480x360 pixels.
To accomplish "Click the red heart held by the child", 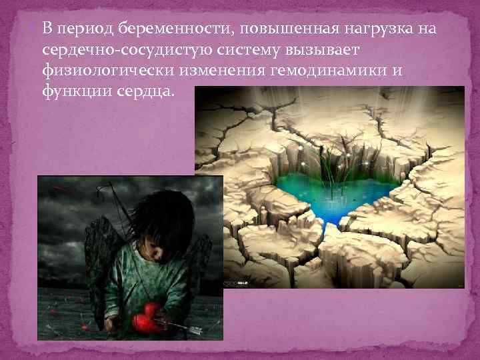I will pos(147,321).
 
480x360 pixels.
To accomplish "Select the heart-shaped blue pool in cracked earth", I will pos(333,193).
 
